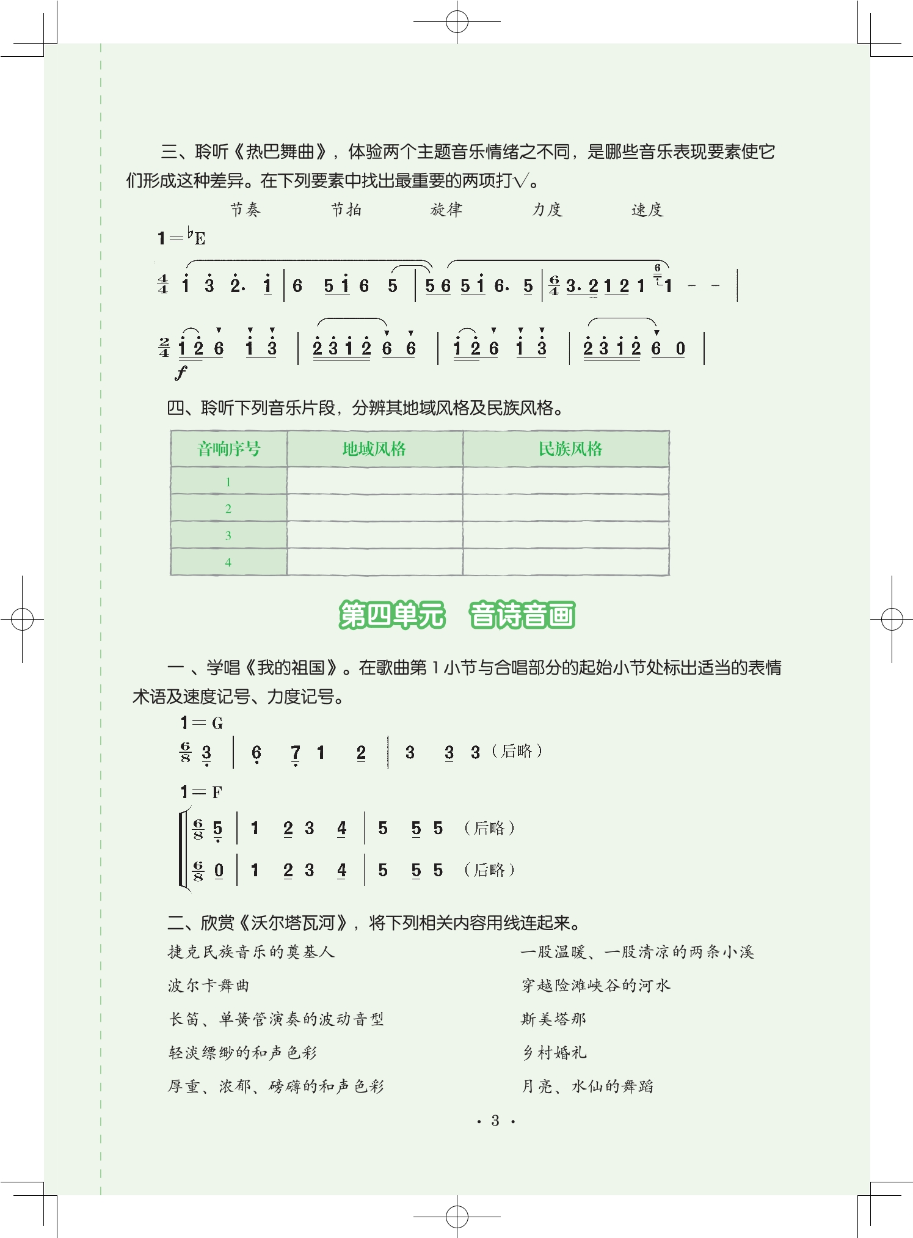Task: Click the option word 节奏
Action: coord(245,210)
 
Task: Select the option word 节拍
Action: coord(346,210)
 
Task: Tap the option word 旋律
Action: coord(446,210)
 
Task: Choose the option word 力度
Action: coord(547,210)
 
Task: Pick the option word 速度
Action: coord(647,210)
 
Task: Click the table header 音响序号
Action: coord(229,449)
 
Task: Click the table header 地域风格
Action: coord(374,449)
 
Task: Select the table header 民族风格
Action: coord(570,449)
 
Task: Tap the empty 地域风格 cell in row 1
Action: coord(374,482)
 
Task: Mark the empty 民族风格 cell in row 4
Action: coord(566,562)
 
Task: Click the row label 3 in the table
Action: coord(228,535)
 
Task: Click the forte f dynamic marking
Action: coord(181,372)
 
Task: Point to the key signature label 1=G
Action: coord(202,723)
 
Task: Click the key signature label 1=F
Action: coord(201,793)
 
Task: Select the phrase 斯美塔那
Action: coord(553,1019)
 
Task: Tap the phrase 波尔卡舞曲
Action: coord(209,986)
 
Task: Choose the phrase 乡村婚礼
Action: coord(555,1053)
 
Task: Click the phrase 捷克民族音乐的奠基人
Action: coord(251,952)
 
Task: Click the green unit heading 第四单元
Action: coord(392,615)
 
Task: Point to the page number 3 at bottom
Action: coord(495,1121)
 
